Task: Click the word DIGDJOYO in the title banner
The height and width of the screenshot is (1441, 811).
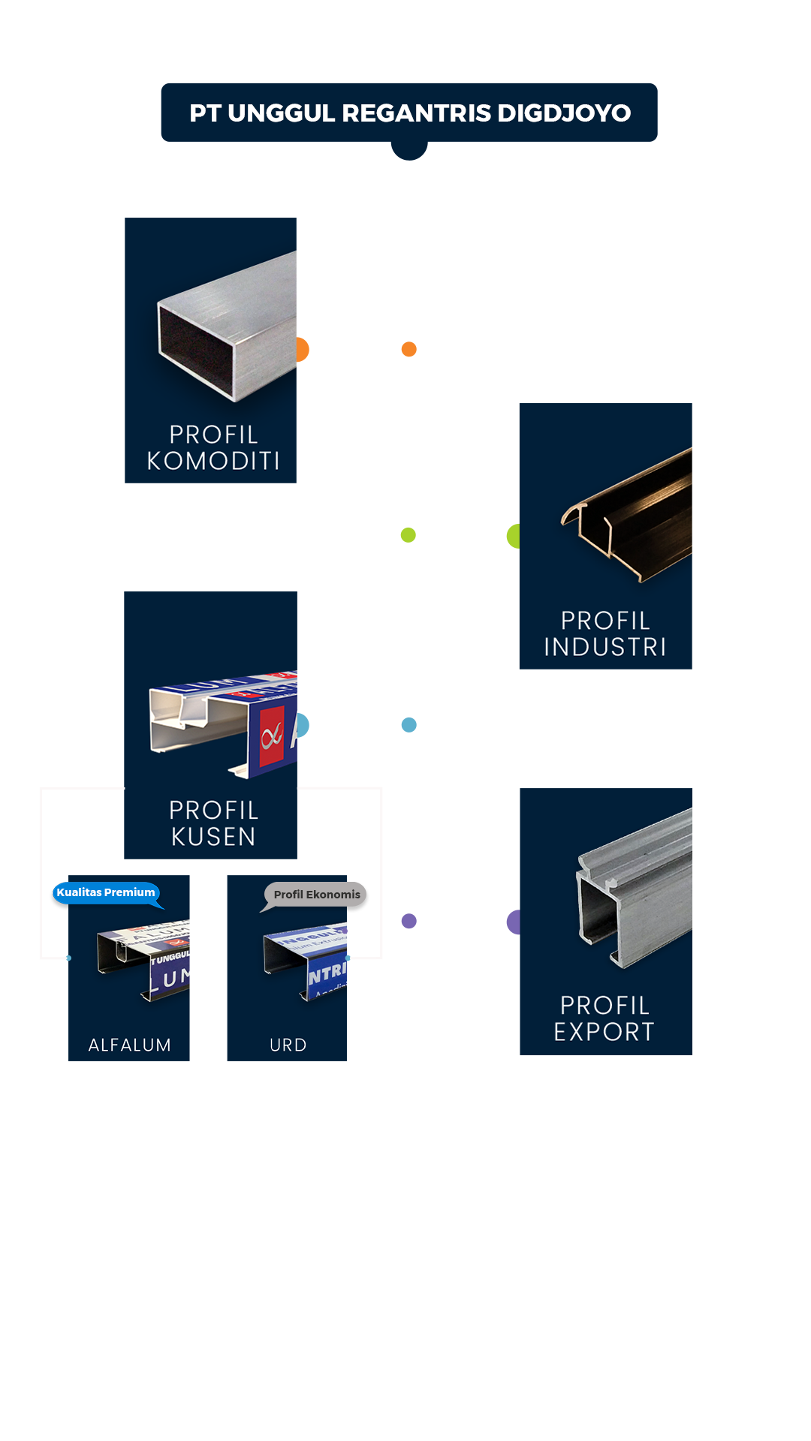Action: point(563,113)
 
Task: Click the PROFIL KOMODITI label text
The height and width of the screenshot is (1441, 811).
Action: point(213,447)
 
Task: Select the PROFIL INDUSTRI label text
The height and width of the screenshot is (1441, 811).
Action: point(605,633)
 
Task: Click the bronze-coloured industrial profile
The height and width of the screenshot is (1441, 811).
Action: point(635,518)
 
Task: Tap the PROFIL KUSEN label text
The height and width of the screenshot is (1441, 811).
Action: point(213,823)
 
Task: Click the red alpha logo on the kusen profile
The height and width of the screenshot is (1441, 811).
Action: point(272,736)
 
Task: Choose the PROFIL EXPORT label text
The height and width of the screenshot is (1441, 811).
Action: point(604,1018)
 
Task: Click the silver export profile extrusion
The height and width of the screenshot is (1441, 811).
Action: point(638,886)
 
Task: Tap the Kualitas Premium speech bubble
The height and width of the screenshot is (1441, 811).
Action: point(106,892)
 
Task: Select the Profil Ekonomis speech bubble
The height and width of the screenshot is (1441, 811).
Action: point(317,895)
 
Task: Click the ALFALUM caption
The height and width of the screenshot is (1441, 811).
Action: point(129,1045)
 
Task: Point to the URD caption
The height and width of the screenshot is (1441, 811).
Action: point(288,1045)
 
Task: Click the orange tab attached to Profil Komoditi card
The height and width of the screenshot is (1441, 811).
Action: point(303,350)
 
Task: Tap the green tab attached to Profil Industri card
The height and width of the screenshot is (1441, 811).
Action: point(512,536)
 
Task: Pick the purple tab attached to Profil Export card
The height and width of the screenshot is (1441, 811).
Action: point(512,922)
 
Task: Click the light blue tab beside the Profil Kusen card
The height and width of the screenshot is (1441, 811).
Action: point(303,725)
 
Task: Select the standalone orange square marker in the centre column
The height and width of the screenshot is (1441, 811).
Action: point(409,349)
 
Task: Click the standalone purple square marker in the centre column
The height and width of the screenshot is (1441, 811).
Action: point(409,921)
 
